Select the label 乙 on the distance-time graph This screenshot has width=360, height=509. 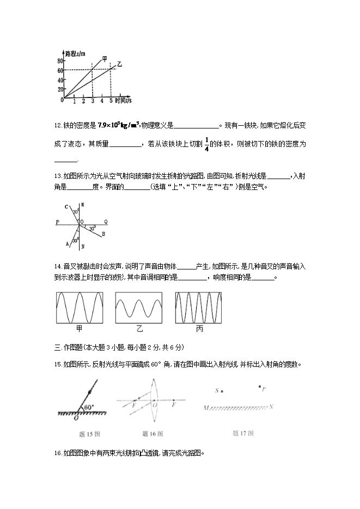click(119, 65)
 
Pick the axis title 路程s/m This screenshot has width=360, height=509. click(75, 53)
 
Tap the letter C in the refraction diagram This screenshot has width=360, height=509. click(66, 207)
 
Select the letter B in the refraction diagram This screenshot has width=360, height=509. click(103, 234)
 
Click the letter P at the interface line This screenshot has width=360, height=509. click(57, 222)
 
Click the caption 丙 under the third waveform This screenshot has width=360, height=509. click(198, 329)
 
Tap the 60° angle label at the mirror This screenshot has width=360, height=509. click(88, 407)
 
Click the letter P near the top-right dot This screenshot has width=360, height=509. click(264, 389)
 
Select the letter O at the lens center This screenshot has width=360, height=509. click(155, 406)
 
